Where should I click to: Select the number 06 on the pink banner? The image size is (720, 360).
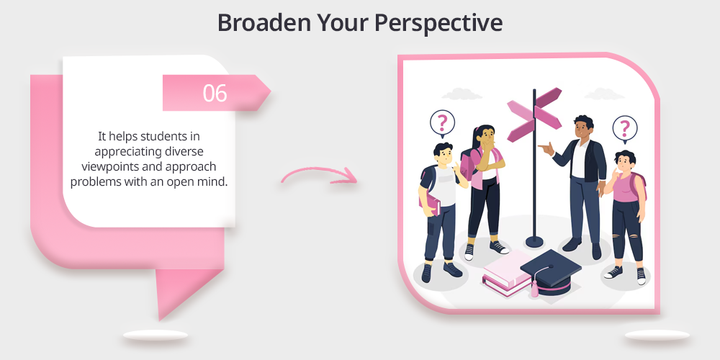click(215, 93)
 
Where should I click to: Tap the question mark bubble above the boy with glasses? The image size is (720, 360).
click(442, 123)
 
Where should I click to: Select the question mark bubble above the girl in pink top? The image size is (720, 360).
click(624, 128)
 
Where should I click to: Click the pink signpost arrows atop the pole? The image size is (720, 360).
click(534, 114)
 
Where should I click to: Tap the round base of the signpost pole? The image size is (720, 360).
click(534, 241)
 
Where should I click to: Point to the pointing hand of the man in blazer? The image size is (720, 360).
click(546, 148)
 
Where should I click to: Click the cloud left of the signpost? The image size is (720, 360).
click(462, 94)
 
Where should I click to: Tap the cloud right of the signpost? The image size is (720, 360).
click(604, 94)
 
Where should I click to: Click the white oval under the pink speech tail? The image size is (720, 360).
click(156, 336)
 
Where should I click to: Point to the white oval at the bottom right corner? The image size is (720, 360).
click(657, 336)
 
